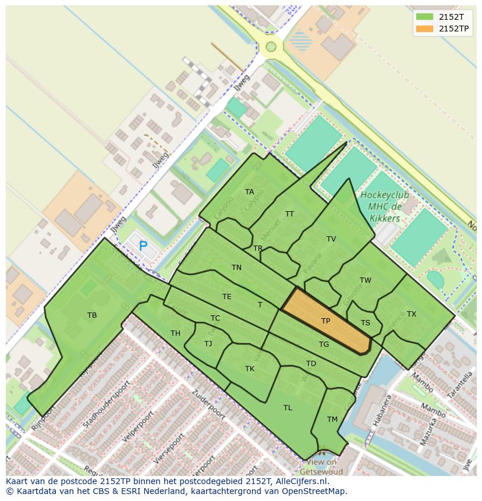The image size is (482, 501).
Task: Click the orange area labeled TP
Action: [326, 321]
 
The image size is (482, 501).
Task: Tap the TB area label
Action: [92, 315]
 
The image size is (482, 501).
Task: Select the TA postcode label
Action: [249, 192]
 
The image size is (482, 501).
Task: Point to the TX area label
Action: [412, 314]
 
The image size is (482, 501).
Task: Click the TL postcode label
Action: [288, 408]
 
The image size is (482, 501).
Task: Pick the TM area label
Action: [332, 420]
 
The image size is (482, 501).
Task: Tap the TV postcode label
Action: [331, 239]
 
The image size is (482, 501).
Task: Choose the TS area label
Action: [366, 323]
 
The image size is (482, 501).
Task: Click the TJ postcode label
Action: [208, 344]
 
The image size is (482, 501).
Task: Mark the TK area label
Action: [250, 369]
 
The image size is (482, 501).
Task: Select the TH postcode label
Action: [175, 333]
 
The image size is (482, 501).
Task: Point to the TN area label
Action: [236, 268]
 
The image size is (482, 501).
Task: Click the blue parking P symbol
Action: [143, 246]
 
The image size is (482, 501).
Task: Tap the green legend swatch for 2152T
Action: [425, 17]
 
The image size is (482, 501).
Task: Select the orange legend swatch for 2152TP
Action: [425, 29]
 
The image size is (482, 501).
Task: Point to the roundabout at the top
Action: [271, 47]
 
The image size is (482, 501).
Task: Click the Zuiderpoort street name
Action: [208, 404]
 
